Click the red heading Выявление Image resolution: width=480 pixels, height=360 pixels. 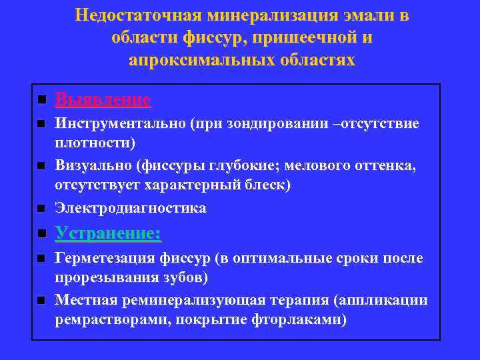click(x=103, y=100)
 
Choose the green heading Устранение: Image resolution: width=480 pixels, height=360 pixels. click(x=108, y=234)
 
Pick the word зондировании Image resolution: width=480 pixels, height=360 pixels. click(x=279, y=124)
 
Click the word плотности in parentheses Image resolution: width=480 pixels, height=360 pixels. click(x=92, y=143)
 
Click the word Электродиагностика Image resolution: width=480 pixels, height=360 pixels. click(x=131, y=209)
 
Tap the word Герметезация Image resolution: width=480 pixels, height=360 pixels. click(x=105, y=258)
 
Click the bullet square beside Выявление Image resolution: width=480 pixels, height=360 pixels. click(x=41, y=101)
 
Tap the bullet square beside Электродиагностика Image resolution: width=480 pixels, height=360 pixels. click(x=41, y=209)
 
